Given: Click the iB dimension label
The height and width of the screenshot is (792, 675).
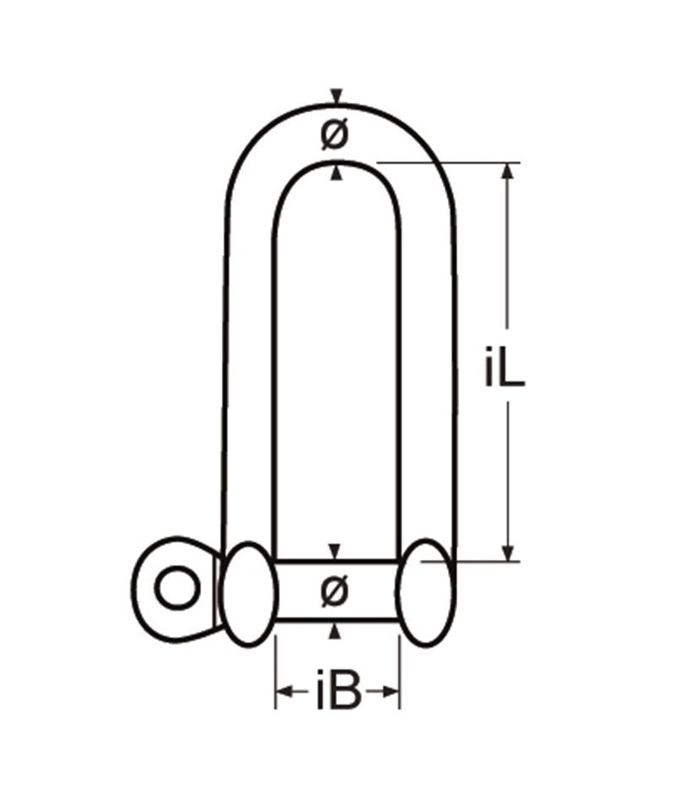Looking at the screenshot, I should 338,694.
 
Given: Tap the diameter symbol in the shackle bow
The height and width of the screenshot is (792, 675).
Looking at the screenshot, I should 335,134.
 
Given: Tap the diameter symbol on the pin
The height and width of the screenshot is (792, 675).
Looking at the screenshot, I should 335,590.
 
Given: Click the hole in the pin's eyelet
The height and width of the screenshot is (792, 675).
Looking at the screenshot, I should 178,587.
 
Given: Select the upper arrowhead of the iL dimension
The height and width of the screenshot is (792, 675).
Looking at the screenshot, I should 507,171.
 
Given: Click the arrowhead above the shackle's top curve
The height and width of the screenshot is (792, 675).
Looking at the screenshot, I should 337,96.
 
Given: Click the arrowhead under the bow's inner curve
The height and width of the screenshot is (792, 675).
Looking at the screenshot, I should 337,173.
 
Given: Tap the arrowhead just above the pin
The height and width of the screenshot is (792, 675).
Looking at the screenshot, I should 336,552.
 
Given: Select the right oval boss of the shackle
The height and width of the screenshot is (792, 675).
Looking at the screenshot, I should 426,593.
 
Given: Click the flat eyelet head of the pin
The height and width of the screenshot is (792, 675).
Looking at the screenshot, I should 173,587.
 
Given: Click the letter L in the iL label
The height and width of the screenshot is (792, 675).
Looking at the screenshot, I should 515,369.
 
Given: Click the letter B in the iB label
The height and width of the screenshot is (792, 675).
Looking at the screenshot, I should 347,694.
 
